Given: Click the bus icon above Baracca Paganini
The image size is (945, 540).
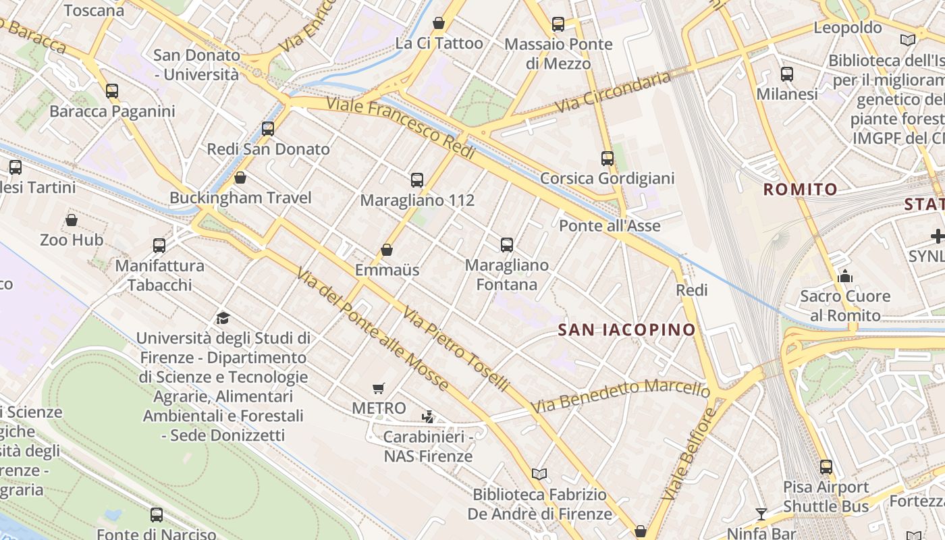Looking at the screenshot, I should [112, 90].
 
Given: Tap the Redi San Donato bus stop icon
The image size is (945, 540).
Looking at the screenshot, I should [268, 128].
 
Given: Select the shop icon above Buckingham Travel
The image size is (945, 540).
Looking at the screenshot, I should [240, 178].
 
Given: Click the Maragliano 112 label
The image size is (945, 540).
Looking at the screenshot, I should [417, 200].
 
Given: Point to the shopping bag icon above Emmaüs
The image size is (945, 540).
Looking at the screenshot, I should [387, 250].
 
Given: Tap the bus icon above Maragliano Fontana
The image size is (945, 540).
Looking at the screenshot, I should [507, 245].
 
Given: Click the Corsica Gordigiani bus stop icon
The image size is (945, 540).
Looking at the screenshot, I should [607, 159].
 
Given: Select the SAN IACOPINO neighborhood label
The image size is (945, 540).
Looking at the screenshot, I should [627, 329].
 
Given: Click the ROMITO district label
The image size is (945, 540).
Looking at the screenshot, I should [801, 190].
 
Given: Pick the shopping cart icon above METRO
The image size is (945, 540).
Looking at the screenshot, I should [379, 388].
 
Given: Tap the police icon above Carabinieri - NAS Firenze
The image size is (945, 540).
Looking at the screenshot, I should [427, 417].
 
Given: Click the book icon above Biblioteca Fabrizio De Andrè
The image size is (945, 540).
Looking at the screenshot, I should [539, 474].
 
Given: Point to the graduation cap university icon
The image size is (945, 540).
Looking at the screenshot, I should [223, 318].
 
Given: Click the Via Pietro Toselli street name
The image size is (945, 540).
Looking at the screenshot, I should [456, 348].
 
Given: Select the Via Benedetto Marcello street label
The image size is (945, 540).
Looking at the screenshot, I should [620, 396].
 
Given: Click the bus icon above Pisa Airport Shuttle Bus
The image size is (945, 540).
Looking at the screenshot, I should [826, 466].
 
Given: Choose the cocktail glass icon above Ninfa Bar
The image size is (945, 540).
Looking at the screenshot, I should [761, 514].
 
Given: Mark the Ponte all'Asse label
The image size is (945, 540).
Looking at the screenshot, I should [610, 225].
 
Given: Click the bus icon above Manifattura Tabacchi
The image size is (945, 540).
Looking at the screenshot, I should [159, 245].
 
